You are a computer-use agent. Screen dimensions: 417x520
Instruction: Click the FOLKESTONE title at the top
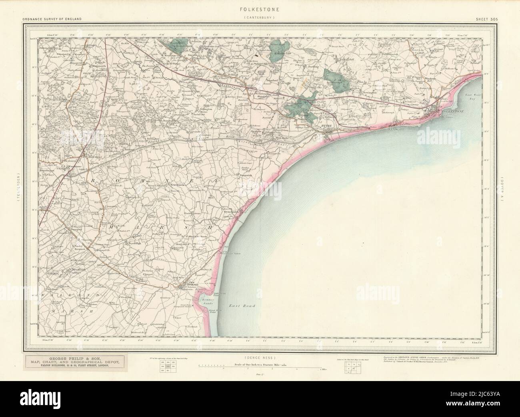pyautogui.click(x=260, y=7)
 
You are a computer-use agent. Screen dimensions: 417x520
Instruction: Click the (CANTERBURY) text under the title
pyautogui.click(x=260, y=18)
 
